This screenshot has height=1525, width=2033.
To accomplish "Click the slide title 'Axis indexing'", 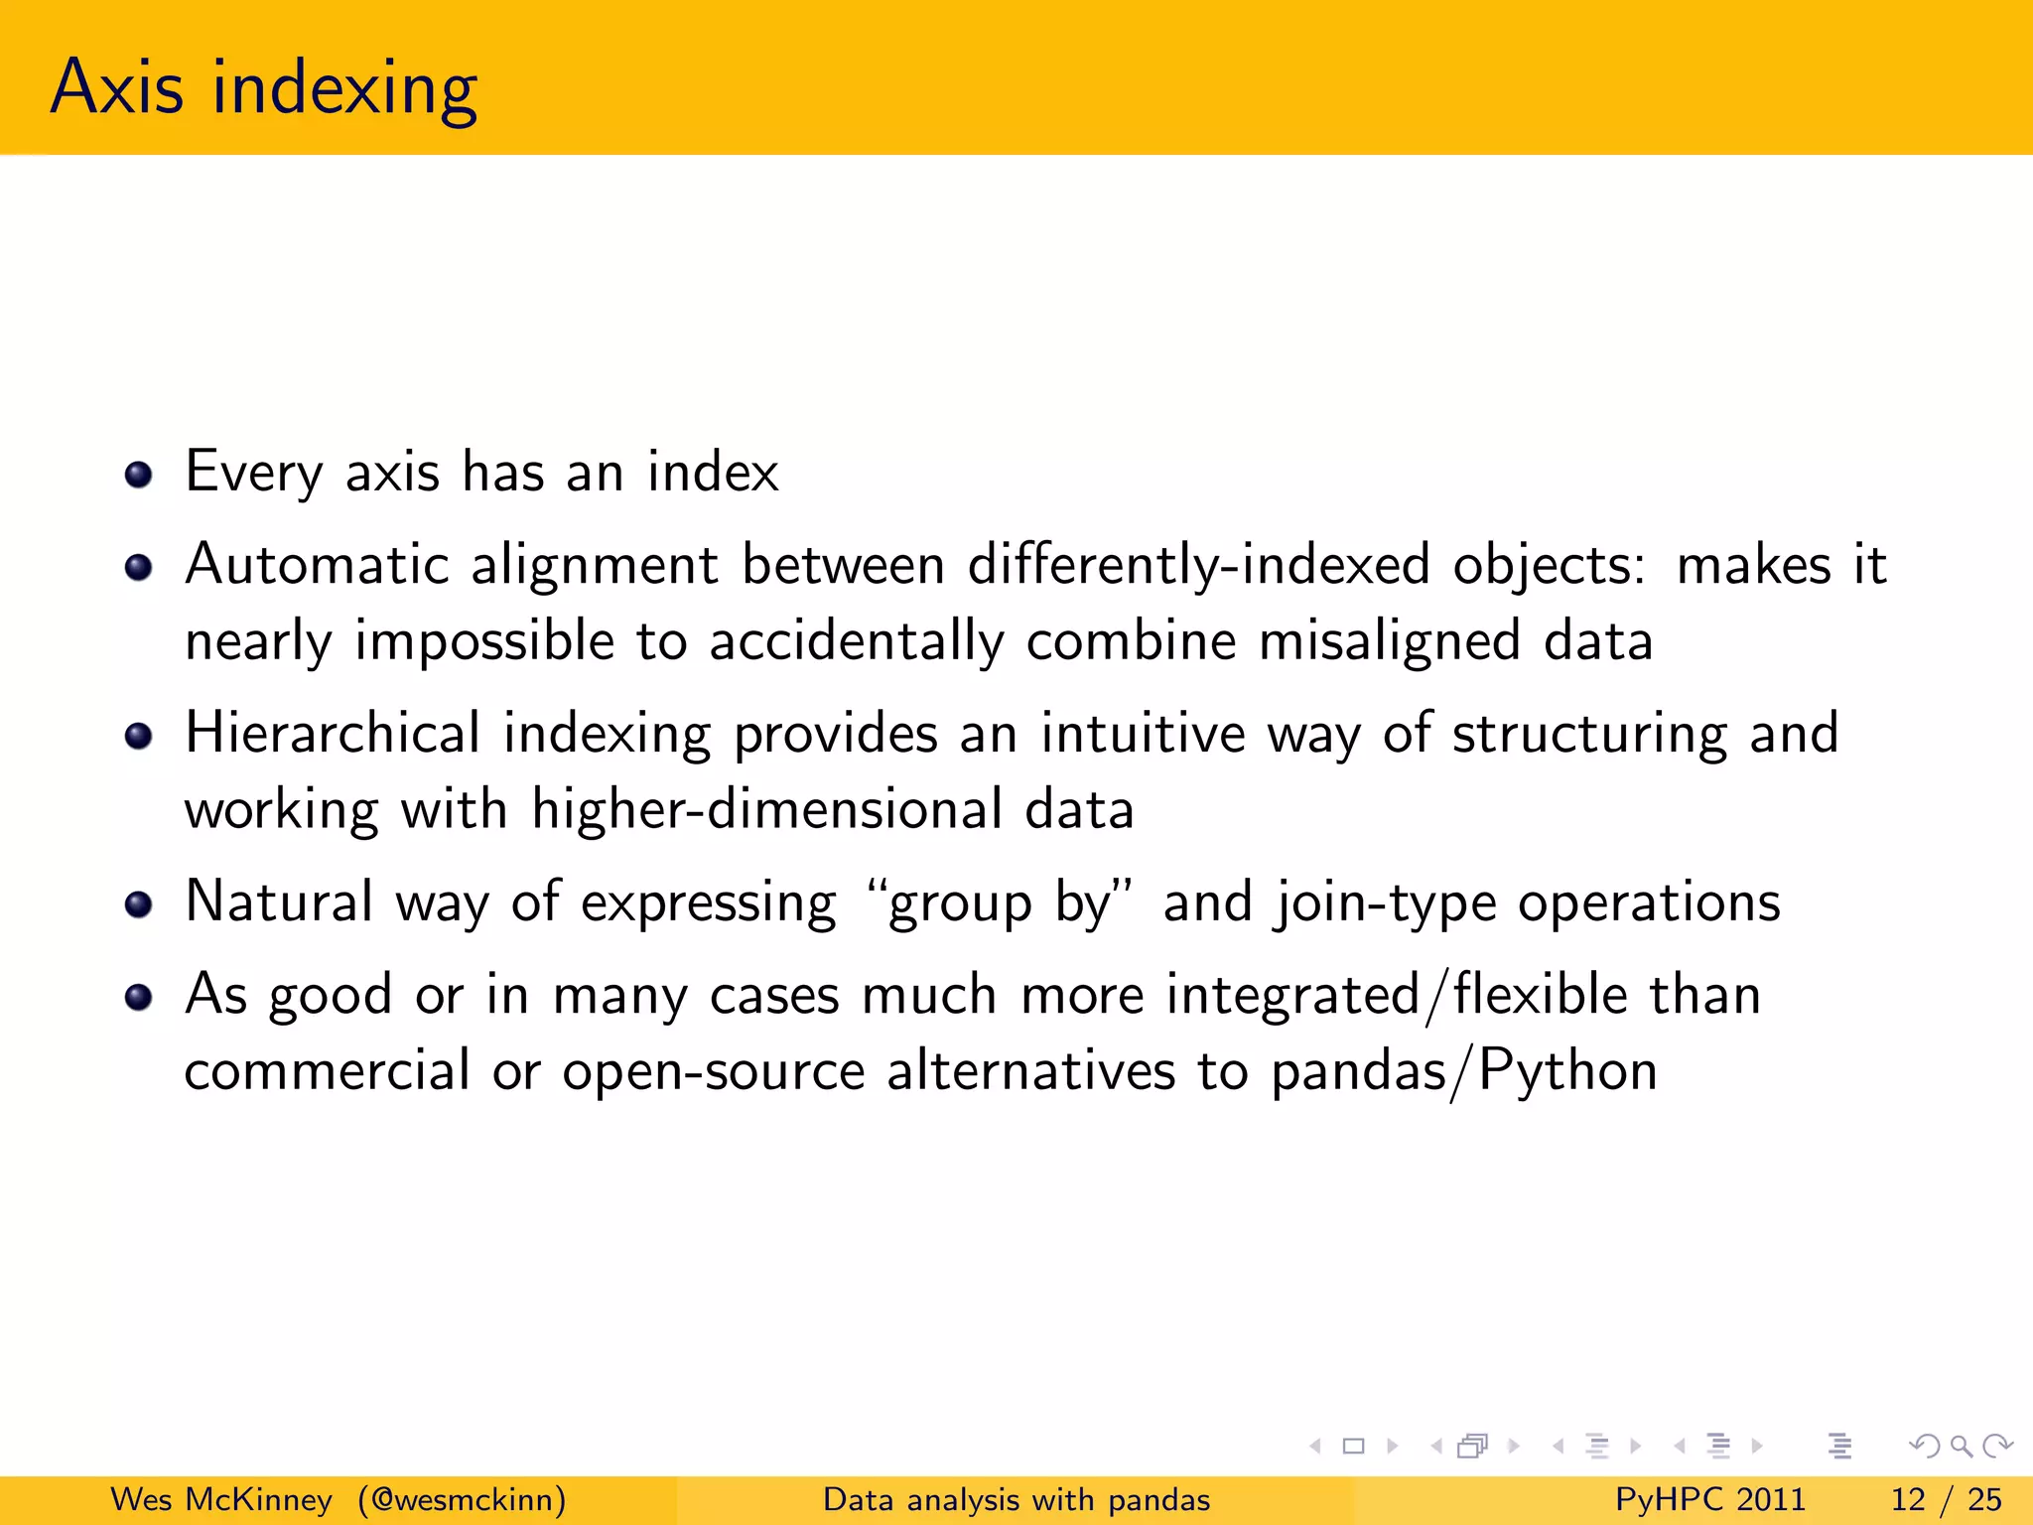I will [x=264, y=89].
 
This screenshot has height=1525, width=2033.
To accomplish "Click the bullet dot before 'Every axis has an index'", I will [x=139, y=475].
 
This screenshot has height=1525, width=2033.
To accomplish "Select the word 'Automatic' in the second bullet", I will [x=317, y=565].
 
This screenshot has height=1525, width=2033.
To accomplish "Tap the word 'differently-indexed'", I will [x=1198, y=565].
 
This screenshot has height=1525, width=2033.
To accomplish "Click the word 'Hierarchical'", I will [x=333, y=734].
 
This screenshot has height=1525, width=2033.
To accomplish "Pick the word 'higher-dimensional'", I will [x=765, y=809].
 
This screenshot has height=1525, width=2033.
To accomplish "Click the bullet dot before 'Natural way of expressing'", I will [x=139, y=904].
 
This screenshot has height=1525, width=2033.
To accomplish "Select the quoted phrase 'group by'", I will [x=1000, y=903].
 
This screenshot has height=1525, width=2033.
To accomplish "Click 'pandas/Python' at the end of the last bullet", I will [x=1463, y=1072].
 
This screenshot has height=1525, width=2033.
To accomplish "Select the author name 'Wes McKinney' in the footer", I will [x=221, y=1499].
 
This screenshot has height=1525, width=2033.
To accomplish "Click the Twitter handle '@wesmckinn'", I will [x=463, y=1499].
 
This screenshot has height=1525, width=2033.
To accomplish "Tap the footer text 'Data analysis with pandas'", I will [x=1016, y=1499].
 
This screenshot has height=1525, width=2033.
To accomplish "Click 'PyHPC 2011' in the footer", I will [x=1709, y=1499].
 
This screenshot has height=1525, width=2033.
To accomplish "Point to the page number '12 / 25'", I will [x=1946, y=1499].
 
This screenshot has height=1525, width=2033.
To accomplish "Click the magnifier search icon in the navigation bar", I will [x=1961, y=1447].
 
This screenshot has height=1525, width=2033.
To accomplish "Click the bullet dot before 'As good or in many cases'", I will [x=139, y=997].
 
